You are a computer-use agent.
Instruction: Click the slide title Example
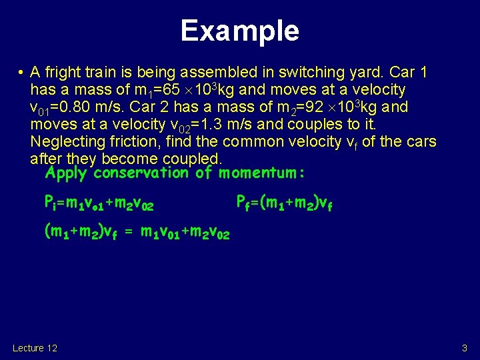click(239, 31)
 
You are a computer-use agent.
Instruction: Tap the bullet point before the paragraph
click(21, 73)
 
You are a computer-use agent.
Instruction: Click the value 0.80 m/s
click(87, 107)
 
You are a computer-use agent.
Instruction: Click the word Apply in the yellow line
click(67, 173)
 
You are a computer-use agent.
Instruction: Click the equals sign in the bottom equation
click(129, 233)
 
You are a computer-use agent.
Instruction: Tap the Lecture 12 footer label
click(35, 348)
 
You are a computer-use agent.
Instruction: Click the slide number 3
click(465, 348)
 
